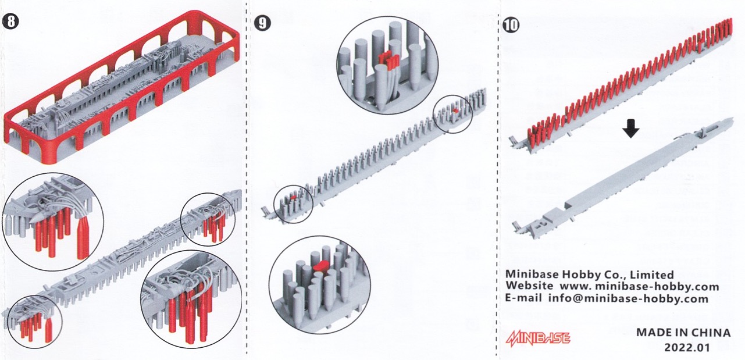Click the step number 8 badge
pos(10,22)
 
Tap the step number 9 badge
pos(262,23)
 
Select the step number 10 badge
pos(511,24)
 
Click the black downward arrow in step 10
pos(630,128)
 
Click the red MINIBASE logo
pos(538,338)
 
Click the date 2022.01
pos(687,347)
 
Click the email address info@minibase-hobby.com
pos(628,298)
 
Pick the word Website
pos(529,286)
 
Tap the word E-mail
pos(523,297)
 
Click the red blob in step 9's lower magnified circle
pos(320,266)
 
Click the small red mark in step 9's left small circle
pos(293,198)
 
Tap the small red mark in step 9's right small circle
pos(454,109)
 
